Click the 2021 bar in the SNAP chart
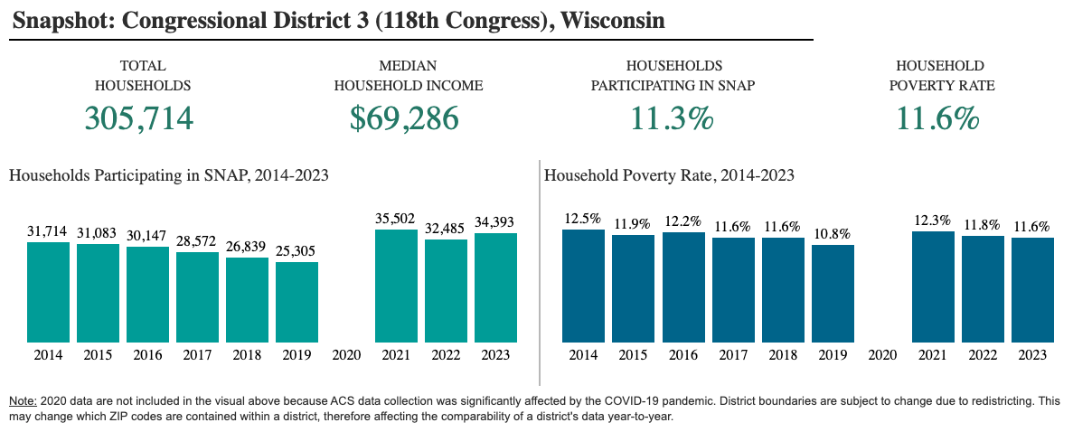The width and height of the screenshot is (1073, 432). [x=396, y=286]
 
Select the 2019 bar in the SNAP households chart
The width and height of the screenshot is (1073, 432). [x=297, y=302]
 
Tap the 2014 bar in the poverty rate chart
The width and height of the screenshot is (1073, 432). [x=584, y=286]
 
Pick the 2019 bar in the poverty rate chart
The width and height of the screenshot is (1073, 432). [x=833, y=293]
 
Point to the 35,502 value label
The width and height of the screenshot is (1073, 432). [x=396, y=219]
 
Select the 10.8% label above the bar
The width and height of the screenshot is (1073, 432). [x=833, y=233]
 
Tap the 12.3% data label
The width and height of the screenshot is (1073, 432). [x=934, y=221]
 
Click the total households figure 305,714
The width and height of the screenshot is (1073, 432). [x=139, y=118]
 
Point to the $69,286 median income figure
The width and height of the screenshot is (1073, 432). [x=404, y=118]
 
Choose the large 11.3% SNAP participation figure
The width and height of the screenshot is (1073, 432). [x=672, y=118]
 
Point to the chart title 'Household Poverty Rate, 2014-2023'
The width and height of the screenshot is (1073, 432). [x=669, y=176]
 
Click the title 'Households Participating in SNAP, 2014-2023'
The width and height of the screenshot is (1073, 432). [x=169, y=176]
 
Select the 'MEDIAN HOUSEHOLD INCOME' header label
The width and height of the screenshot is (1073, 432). [x=408, y=76]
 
